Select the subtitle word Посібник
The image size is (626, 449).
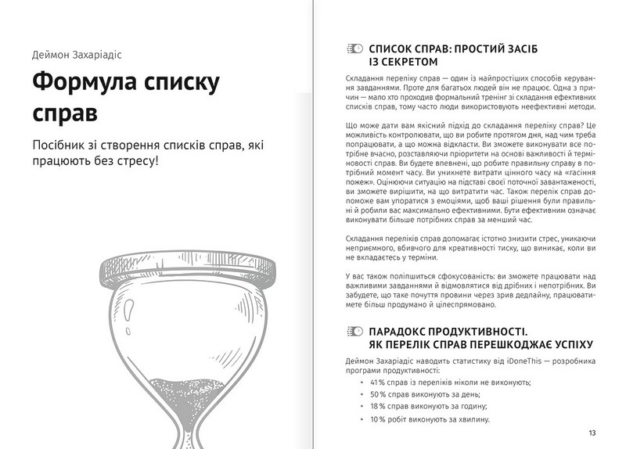pyautogui.click(x=62, y=147)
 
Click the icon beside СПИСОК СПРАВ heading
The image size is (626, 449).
pyautogui.click(x=353, y=48)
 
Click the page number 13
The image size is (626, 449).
pyautogui.click(x=592, y=433)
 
